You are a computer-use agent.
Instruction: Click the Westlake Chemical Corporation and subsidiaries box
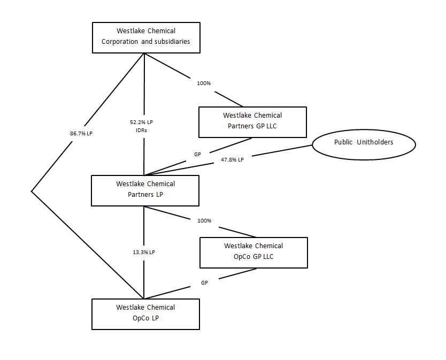[x=146, y=37]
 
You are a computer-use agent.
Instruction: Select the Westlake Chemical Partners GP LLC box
[x=252, y=122]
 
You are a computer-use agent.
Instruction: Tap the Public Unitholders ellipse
[x=364, y=143]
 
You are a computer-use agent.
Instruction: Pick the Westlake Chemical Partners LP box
[x=145, y=190]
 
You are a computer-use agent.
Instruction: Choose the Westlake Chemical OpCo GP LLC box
[x=253, y=252]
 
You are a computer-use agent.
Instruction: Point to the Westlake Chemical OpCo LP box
[x=145, y=314]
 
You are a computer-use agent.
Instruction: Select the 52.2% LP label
[x=143, y=122]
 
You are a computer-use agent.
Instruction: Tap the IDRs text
[x=143, y=130]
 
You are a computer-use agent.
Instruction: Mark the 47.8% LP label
[x=232, y=159]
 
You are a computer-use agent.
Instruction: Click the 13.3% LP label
[x=144, y=252]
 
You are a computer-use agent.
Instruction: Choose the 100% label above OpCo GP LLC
[x=204, y=220]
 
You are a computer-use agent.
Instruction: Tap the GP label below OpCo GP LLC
[x=204, y=282]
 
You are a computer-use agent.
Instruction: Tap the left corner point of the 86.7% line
[x=32, y=191]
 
